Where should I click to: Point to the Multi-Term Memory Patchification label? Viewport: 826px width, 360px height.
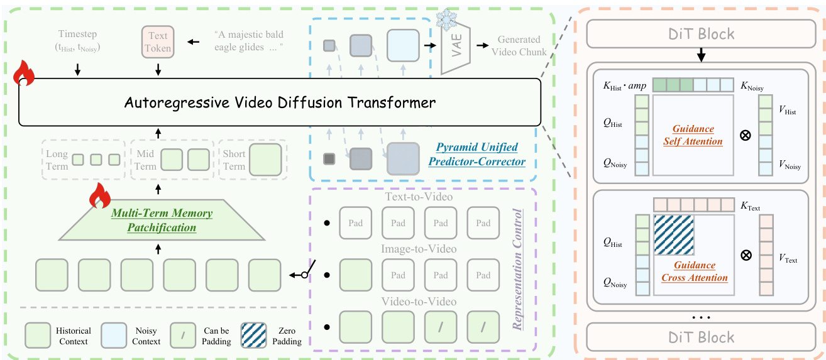point(162,221)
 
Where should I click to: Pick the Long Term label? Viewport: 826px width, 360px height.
point(57,160)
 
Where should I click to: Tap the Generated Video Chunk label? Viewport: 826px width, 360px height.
point(520,46)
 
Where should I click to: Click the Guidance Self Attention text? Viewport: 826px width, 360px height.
point(693,135)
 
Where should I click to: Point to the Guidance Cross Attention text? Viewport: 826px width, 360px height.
point(695,271)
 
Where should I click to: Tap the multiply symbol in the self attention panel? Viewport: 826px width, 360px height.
point(745,135)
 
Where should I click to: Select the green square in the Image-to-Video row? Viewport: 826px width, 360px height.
point(355,275)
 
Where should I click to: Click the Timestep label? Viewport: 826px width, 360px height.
point(78,40)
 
